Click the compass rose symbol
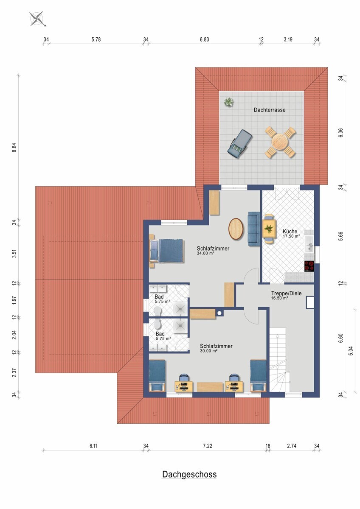pos(37,19)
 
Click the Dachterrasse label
pos(270,110)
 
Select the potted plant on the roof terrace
pos(228,102)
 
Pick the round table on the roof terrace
pos(280,142)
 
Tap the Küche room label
pos(290,231)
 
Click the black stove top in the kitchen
pos(309,266)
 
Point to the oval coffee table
pos(236,229)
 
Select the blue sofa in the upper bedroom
pos(254,229)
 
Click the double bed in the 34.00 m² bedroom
pos(167,251)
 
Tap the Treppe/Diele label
pos(286,293)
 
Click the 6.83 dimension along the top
pos(205,39)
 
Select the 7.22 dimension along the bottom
pos(208,446)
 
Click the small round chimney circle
pos(219,313)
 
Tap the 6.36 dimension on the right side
pos(340,133)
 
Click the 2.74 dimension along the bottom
pos(292,446)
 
